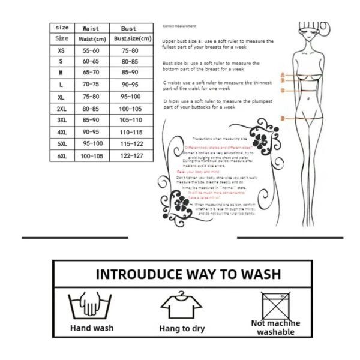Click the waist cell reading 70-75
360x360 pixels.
point(91,85)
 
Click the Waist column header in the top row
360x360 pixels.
point(91,28)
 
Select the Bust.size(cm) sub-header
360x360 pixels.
point(132,38)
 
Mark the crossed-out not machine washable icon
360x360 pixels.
point(275,305)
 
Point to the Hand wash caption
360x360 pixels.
point(92,328)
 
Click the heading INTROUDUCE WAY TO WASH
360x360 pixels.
point(188,275)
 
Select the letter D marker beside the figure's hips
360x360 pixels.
point(282,119)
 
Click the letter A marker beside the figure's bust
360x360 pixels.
point(282,74)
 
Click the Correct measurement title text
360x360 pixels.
point(179,26)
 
